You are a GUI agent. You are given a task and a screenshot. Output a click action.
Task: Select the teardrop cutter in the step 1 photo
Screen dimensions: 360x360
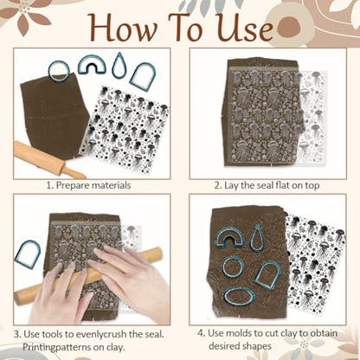(118, 66)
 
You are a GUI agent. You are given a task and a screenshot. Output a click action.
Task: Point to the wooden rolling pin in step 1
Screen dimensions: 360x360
(48, 159)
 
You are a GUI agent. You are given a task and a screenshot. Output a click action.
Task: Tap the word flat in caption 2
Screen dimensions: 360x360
(282, 185)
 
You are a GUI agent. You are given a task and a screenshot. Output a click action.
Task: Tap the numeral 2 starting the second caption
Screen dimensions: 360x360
(217, 185)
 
